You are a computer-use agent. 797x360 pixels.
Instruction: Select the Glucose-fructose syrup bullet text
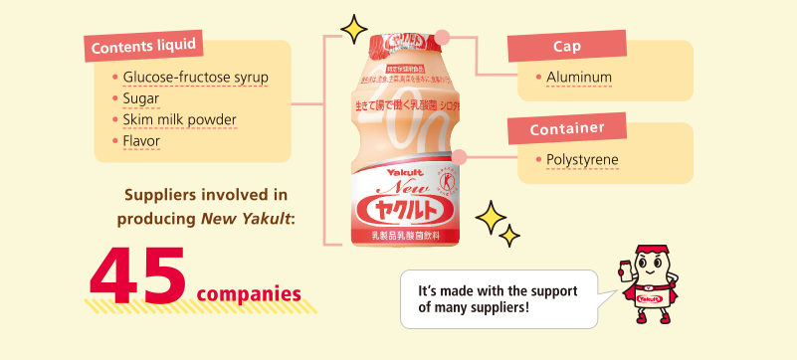195,77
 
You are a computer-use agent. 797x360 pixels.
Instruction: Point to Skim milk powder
180,120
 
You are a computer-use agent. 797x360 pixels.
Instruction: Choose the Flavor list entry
142,141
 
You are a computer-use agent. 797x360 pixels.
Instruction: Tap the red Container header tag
566,129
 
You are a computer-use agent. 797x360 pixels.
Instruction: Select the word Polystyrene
582,159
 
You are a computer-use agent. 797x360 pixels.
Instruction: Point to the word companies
249,294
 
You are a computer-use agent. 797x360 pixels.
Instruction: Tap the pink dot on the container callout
459,155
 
